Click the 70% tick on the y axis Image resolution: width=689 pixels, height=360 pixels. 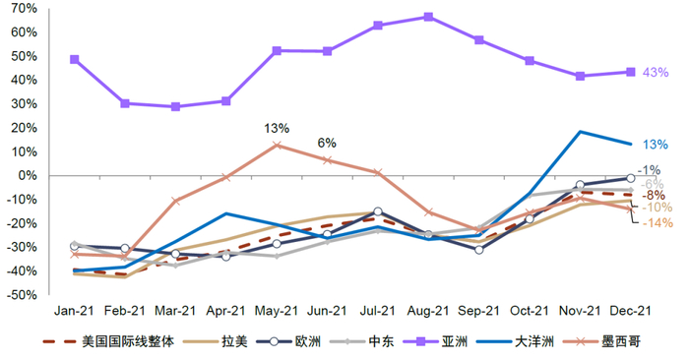25,9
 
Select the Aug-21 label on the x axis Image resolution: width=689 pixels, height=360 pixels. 428,310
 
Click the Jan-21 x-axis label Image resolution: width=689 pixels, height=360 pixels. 75,310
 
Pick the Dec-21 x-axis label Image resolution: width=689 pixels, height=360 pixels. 631,310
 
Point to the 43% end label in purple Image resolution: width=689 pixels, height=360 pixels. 656,73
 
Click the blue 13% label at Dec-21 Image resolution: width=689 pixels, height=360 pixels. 656,145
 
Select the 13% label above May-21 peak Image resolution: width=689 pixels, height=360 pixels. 277,128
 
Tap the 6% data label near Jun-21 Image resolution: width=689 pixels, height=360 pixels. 327,142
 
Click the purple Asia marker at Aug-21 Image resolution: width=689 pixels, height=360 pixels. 428,17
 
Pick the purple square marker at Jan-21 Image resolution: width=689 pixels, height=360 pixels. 75,59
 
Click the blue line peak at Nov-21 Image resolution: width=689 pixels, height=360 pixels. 581,132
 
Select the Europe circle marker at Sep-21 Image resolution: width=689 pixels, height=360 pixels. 479,250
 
